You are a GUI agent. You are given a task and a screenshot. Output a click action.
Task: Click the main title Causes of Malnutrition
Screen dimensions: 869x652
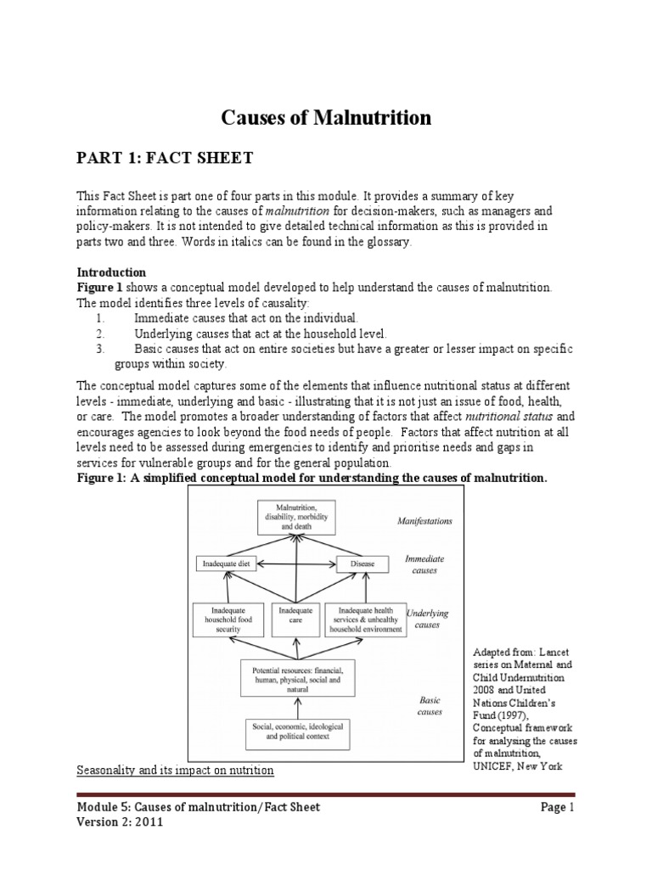tap(326, 118)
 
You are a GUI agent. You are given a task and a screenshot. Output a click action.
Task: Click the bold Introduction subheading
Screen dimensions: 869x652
tap(111, 272)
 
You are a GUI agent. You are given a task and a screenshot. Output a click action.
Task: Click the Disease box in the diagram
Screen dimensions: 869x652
tap(357, 563)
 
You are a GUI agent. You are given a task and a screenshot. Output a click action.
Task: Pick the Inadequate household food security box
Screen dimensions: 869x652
tap(228, 619)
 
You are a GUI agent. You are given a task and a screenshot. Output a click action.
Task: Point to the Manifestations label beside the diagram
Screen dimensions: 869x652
tap(424, 521)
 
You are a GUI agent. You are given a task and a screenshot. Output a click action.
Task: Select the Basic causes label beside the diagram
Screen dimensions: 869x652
tap(430, 706)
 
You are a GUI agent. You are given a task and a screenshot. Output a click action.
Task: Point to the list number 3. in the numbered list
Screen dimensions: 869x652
tap(100, 349)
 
